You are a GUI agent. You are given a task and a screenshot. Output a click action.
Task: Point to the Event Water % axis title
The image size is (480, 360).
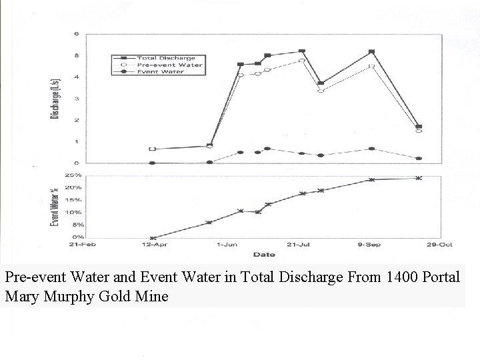coord(55,207)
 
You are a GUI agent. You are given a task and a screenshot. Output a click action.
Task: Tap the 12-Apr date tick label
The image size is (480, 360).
coord(154,245)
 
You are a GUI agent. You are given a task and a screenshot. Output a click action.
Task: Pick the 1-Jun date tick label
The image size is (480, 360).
coord(227,245)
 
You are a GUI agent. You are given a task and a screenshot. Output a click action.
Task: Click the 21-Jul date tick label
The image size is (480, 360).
coord(299,245)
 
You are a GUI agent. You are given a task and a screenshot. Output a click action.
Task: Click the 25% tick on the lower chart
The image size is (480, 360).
coord(73,175)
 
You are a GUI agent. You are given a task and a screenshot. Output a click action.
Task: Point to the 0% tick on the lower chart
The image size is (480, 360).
coord(77,237)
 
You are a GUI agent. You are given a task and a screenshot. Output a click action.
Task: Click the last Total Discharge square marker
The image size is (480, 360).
coord(419,126)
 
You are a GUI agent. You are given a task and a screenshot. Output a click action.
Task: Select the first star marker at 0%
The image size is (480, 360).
coord(153,237)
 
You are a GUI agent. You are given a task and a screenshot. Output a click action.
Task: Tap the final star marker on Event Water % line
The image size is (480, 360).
coord(418,178)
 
